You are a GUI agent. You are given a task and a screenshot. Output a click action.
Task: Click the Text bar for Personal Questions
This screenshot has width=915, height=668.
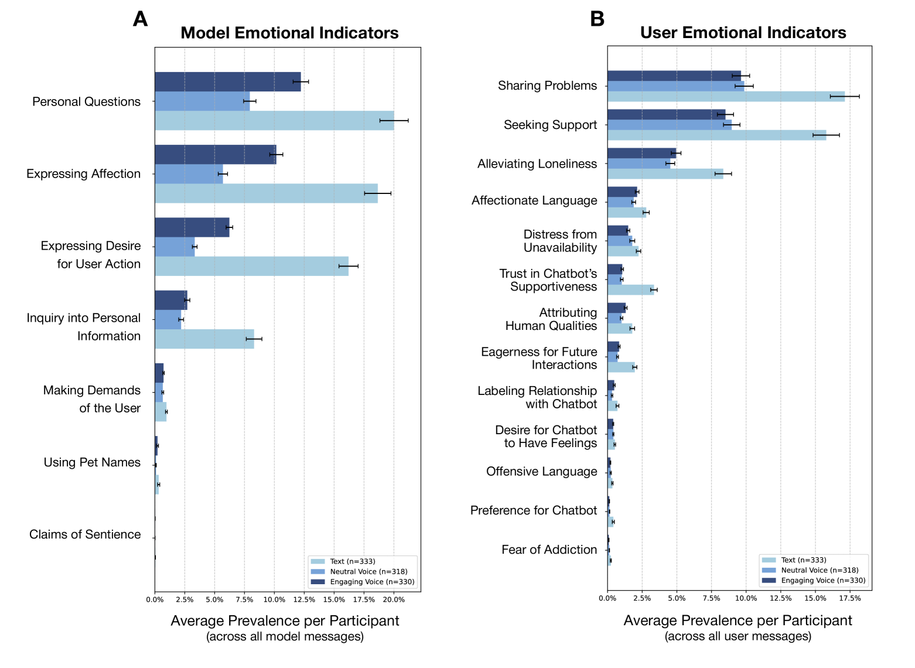[x=274, y=121]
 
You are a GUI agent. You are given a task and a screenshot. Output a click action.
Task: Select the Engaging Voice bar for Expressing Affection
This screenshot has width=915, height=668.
[x=215, y=155]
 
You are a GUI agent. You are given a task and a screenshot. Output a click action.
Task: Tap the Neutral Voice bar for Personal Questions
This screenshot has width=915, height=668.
[x=202, y=101]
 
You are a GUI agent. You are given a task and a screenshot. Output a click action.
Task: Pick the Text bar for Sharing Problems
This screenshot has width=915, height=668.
[x=726, y=97]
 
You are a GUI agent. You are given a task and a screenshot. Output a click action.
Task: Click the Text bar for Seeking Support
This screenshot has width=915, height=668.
[x=716, y=135]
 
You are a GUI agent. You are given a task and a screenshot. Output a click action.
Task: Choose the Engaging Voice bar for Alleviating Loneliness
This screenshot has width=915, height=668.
[x=641, y=154]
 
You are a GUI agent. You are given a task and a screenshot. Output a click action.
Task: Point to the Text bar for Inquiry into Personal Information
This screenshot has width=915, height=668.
[x=204, y=339]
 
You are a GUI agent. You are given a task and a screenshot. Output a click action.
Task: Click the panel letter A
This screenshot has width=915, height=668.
[x=140, y=19]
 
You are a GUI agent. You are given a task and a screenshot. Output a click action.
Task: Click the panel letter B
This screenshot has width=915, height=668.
[x=597, y=19]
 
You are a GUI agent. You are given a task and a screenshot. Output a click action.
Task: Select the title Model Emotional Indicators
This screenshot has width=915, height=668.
[x=289, y=33]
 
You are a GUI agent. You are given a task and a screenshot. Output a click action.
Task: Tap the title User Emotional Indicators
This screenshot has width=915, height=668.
[x=743, y=33]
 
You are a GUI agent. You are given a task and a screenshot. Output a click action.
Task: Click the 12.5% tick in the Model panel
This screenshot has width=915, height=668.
[x=304, y=599]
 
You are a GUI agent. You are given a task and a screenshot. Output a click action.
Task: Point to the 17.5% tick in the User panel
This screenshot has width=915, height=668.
[x=849, y=598]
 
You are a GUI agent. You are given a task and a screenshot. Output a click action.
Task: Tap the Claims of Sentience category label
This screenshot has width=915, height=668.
[x=85, y=534]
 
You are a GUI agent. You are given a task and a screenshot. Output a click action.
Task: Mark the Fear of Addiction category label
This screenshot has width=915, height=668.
[x=549, y=550]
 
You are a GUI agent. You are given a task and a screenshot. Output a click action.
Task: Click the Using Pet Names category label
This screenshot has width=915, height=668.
[x=92, y=462]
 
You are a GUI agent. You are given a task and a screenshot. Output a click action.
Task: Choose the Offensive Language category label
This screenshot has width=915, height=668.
[x=541, y=472]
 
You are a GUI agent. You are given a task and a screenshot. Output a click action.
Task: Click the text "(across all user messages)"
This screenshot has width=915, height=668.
[x=738, y=636]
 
